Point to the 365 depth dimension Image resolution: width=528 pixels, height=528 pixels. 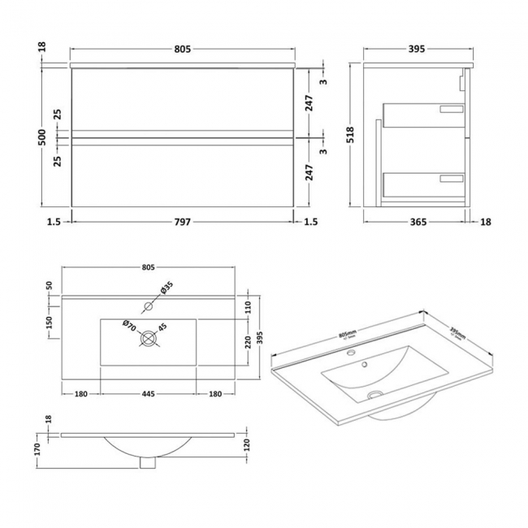(x=414, y=222)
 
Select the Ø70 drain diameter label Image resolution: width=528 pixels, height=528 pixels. (x=128, y=327)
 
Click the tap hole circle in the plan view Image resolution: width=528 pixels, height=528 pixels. (x=148, y=306)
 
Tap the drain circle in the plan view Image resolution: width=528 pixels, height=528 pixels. (x=148, y=339)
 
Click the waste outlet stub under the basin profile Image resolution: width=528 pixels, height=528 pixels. (x=147, y=462)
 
